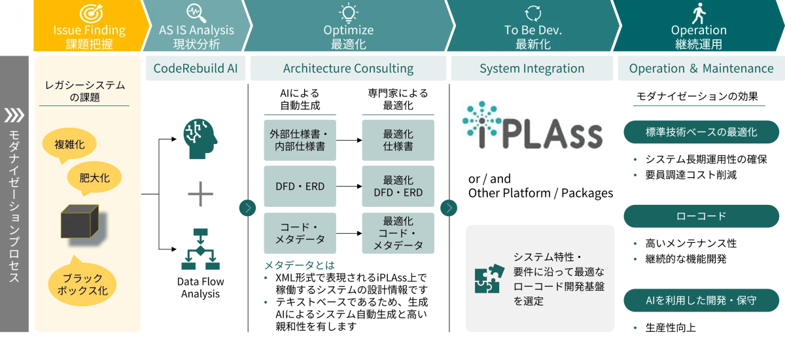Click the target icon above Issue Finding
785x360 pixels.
point(91,13)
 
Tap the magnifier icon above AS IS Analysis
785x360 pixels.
point(196,13)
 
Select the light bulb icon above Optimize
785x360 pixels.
point(348,13)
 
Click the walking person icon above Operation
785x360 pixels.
point(699,13)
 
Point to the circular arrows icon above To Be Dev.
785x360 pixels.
point(532,13)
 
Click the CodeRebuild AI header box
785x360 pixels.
point(196,68)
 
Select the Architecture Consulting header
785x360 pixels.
point(348,68)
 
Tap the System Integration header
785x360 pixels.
point(532,68)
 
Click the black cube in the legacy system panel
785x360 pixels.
point(80,221)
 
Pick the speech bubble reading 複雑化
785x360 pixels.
point(69,145)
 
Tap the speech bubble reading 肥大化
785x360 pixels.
point(94,178)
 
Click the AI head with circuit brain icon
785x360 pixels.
point(200,139)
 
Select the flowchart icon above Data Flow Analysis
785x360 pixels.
point(200,249)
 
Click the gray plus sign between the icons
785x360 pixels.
point(200,194)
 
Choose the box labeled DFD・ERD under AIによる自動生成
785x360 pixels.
point(300,186)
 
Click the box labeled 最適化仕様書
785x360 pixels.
point(398,140)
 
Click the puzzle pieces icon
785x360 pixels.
point(489,279)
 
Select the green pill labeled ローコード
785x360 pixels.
point(701,216)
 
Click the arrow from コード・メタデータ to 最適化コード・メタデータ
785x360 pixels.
point(349,233)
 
